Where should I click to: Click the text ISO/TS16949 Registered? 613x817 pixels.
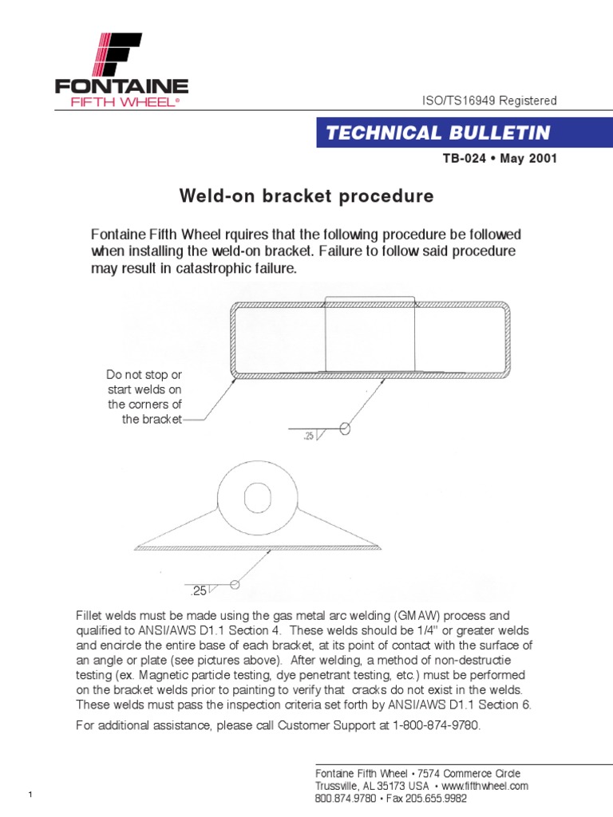488,101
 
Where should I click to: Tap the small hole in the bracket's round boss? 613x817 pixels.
258,499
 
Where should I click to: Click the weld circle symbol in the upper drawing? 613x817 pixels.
345,428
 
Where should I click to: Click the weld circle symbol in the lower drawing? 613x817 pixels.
235,584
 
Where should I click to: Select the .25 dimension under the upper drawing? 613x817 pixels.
309,436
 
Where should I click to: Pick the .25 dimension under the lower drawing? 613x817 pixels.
198,591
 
